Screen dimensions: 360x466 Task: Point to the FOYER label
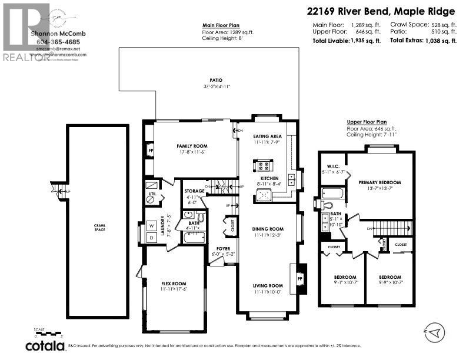click(x=224, y=248)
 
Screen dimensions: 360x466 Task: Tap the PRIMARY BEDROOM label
click(x=380, y=182)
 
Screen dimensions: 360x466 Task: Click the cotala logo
click(x=44, y=344)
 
